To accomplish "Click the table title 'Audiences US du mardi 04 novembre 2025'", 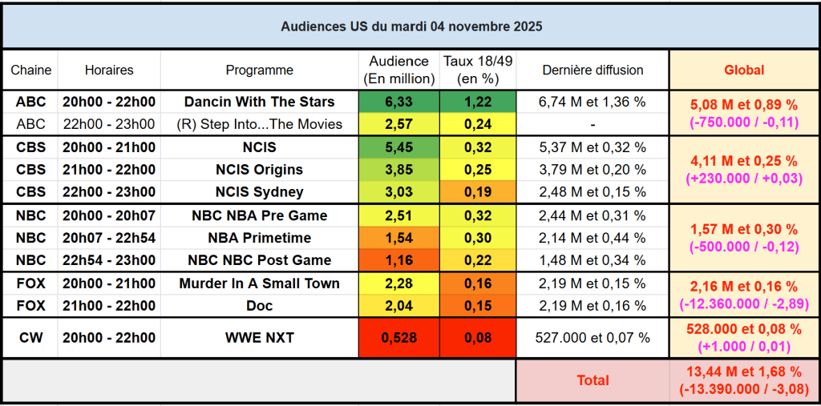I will pos(410,26).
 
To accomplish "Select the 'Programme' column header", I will pos(259,70).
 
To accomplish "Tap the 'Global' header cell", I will pos(743,70).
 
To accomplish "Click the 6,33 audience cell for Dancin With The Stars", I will pos(398,102).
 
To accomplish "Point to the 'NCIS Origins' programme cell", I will pos(259,170).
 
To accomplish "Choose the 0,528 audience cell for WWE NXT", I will pos(398,338).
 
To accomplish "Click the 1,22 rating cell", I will pos(478,102).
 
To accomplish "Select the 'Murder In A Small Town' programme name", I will pos(259,283).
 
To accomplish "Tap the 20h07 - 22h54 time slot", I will pos(109,238).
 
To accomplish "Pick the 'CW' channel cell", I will pos(30,338).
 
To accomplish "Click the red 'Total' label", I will pos(592,380).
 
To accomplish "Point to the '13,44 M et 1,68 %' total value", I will pos(743,372).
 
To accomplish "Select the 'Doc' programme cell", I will pos(259,306).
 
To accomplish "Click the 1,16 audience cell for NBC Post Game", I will pos(398,260).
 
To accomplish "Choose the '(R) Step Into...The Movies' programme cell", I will pos(259,124).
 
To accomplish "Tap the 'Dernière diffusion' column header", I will pos(592,70).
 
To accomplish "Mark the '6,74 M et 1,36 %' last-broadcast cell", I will pos(592,102).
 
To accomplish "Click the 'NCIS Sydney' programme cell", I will pos(259,192).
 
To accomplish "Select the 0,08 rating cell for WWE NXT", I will pos(478,338).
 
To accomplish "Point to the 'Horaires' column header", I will pos(109,70).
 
